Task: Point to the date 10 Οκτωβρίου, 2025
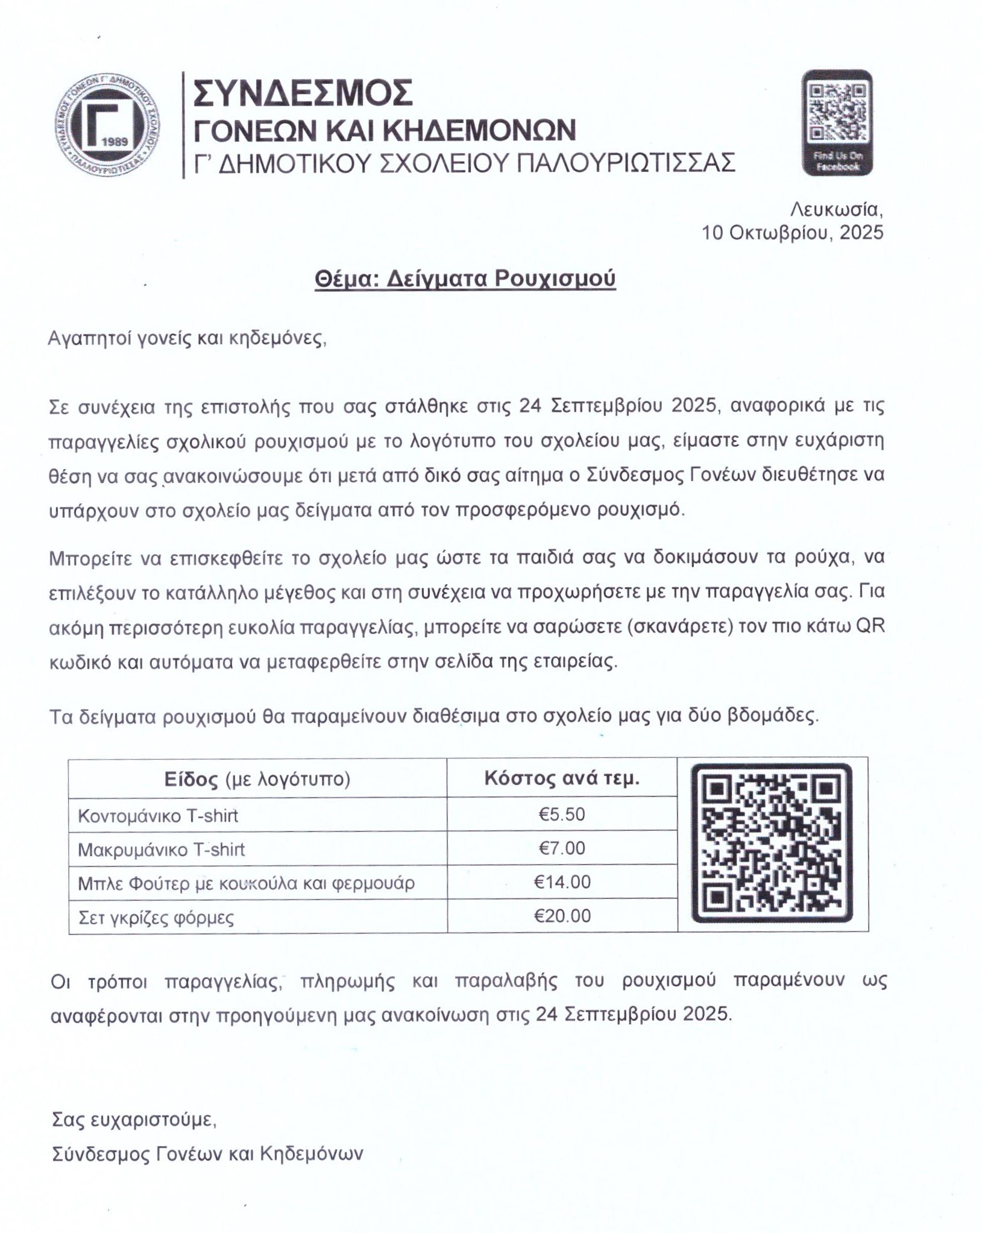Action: point(792,232)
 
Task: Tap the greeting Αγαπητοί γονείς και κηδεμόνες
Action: point(187,338)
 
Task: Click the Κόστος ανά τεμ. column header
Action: point(561,778)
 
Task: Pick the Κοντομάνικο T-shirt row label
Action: point(158,816)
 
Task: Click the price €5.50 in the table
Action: point(561,815)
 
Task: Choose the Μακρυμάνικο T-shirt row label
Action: point(161,850)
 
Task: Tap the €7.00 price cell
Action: point(561,848)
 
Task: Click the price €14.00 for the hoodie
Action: point(561,882)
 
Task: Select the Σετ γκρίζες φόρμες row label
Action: point(156,918)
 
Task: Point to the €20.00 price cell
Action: point(561,916)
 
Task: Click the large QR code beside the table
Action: point(772,844)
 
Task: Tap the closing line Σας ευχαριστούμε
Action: point(134,1120)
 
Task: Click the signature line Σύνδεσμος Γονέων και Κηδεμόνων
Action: point(208,1154)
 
